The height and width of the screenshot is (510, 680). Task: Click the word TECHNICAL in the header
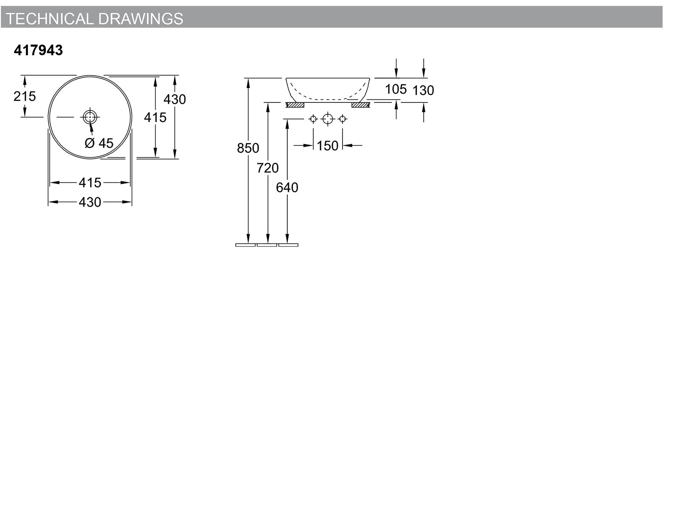pos(50,19)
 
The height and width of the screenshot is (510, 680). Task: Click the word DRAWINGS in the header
pos(141,19)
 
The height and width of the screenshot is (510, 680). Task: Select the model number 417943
pos(38,50)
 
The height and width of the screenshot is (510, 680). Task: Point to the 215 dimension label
pos(25,96)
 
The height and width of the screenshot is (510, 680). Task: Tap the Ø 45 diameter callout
pos(99,143)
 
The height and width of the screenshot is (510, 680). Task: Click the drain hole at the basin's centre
pos(90,117)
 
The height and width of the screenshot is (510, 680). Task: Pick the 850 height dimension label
pos(248,148)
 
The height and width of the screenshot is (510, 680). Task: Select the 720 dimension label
pos(268,168)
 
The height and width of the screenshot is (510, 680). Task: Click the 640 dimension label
pos(287,187)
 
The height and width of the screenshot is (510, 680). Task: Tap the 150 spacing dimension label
pos(327,145)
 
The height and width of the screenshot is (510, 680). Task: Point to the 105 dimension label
pos(396,89)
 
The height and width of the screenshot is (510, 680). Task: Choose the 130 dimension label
pos(423,91)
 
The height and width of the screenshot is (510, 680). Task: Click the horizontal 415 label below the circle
pos(90,183)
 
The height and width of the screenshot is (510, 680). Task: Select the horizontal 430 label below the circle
pos(90,202)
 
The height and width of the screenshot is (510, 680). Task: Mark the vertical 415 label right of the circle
pos(155,117)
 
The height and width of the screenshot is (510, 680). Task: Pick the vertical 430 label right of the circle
pos(175,99)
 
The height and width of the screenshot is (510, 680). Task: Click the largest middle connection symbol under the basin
pos(328,119)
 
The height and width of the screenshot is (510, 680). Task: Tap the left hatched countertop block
pos(295,105)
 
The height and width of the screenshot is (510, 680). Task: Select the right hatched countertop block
pos(360,105)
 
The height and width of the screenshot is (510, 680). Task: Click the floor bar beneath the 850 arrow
pos(245,245)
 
